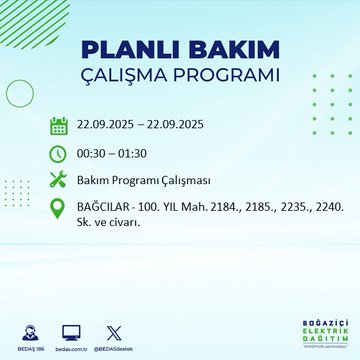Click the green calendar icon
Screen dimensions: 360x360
click(x=58, y=126)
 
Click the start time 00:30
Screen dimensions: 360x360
click(x=93, y=153)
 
